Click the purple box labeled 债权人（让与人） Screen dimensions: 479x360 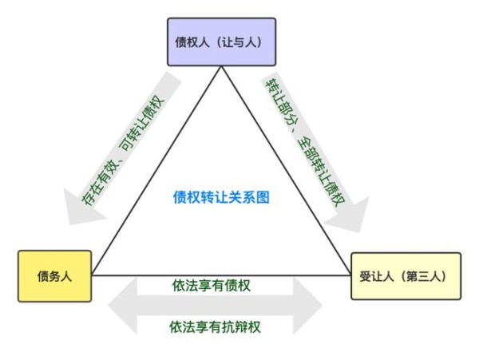(221, 42)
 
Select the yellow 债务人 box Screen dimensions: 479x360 (54, 276)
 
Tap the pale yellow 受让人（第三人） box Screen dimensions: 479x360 (406, 276)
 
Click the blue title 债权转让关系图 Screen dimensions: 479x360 (221, 197)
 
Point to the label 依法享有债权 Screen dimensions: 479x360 (212, 286)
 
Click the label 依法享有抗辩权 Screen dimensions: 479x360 (215, 327)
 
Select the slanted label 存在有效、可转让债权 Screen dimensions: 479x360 (123, 150)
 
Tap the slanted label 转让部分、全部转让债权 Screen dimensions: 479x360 (305, 142)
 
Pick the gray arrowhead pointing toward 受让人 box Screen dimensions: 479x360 (350, 216)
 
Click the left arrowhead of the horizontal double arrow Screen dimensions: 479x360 (123, 306)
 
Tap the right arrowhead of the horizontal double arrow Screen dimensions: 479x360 (307, 306)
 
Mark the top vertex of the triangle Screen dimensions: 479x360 (221, 66)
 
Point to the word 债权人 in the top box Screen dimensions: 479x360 (192, 42)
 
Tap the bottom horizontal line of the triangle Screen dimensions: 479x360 (221, 275)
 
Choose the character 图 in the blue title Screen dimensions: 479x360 (263, 197)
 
